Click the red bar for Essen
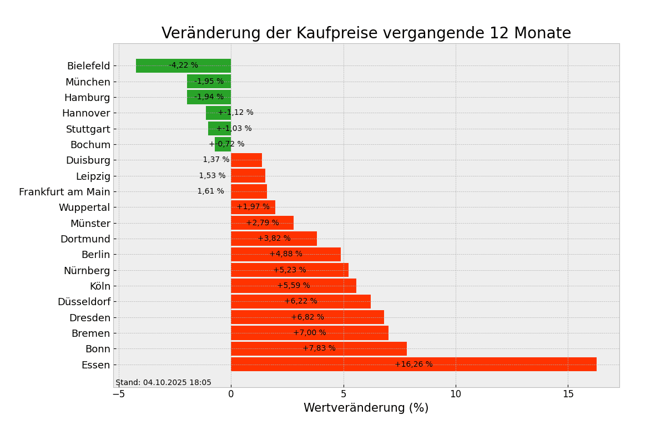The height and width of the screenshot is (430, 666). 413,365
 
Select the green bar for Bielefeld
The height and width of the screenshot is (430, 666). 183,65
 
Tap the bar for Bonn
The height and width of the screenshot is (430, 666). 319,349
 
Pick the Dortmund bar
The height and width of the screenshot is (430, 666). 274,239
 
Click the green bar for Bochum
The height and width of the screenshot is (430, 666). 223,144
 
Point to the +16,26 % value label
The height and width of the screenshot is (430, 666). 413,365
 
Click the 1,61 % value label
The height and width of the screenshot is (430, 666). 211,191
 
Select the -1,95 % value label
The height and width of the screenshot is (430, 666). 209,82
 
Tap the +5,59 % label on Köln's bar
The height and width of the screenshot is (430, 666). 294,286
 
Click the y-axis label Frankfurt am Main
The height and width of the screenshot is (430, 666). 64,192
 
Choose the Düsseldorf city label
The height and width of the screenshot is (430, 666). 84,302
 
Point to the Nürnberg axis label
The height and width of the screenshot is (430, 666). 87,271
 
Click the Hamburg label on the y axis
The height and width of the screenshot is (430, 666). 87,98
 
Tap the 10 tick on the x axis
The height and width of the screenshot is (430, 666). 456,394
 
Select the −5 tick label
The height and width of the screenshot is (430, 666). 119,394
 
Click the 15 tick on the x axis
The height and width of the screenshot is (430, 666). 568,394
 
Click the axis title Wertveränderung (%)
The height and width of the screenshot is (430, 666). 366,408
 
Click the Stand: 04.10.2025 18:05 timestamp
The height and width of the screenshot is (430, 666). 163,383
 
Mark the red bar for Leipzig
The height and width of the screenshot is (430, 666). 248,176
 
